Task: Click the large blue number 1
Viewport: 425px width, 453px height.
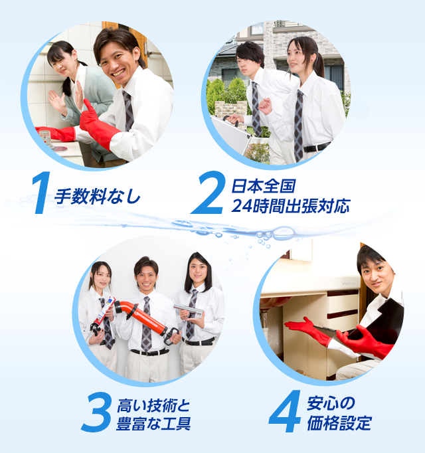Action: [42, 194]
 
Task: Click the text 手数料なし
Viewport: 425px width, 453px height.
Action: [98, 197]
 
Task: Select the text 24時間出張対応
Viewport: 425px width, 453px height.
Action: [290, 206]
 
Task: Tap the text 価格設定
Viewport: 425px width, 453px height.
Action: [339, 424]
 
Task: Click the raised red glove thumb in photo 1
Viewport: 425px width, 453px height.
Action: [88, 106]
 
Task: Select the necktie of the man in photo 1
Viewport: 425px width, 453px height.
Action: [128, 110]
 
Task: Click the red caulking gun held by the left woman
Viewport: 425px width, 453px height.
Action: [102, 317]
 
